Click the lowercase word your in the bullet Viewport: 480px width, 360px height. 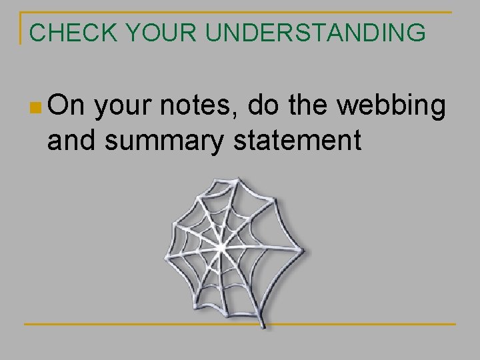click(x=127, y=107)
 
